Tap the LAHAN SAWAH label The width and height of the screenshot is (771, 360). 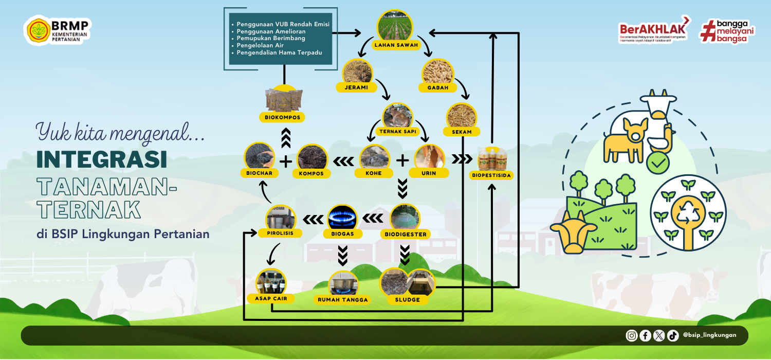click(x=397, y=45)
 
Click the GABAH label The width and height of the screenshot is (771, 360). click(x=438, y=87)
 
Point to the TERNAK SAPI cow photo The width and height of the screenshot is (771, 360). click(x=398, y=117)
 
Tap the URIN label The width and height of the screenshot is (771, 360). click(x=429, y=173)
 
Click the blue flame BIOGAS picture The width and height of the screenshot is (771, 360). click(x=342, y=219)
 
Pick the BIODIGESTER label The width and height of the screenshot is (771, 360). click(x=406, y=234)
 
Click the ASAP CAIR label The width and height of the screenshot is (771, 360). click(x=271, y=298)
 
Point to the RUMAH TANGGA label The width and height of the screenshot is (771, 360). click(x=343, y=299)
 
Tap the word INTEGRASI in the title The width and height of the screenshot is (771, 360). click(x=102, y=160)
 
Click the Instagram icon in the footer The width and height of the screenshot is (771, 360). click(x=632, y=335)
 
